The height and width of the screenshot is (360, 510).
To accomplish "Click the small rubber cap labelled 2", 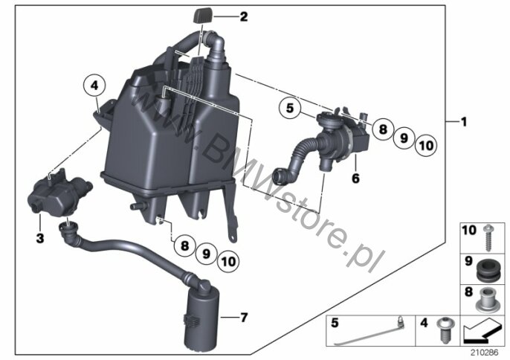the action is coord(203,16).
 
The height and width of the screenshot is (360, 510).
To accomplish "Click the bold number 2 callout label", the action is coord(244,16).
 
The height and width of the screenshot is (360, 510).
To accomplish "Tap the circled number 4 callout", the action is coord(94,86).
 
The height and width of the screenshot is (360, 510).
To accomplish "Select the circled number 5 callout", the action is coord(290,108).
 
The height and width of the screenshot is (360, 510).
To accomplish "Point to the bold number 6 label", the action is coord(355,178).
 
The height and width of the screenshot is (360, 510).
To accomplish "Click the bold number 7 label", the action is coord(244,317).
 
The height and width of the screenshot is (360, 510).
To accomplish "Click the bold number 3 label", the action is coord(40,238).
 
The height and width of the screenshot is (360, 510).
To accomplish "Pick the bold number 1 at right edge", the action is coord(464,122).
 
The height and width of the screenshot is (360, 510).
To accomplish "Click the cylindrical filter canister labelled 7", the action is coord(201,315).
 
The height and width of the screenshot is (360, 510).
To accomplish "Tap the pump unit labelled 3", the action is coord(59,191).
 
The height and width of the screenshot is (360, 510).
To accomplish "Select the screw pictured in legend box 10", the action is coord(487,238).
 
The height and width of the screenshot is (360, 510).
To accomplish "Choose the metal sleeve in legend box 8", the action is coord(486,300).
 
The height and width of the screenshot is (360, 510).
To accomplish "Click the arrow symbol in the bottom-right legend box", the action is coord(481,330).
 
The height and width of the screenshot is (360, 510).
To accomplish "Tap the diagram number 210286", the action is coord(485,353).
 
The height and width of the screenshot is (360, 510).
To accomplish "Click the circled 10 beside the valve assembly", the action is coord(426,145).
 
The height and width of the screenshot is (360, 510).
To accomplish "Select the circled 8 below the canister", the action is coord(184,245).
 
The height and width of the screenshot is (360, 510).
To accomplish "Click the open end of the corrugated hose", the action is coord(280,177).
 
